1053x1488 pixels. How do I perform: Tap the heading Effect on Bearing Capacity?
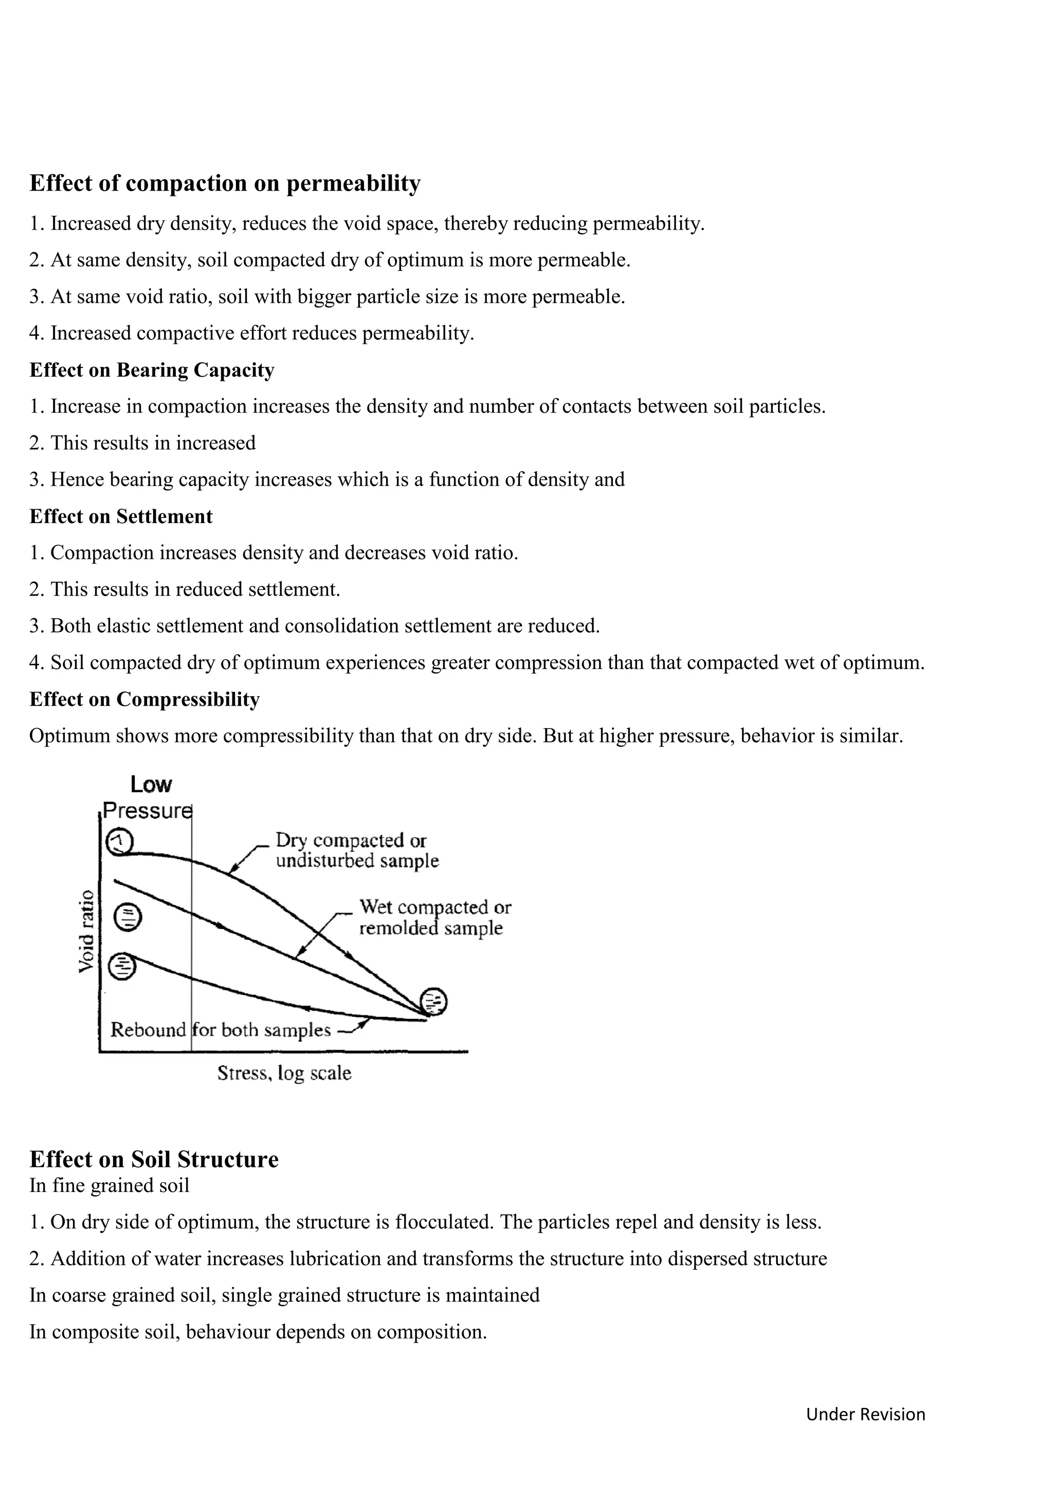152,370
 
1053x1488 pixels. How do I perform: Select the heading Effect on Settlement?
121,516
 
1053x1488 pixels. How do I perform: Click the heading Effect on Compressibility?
144,699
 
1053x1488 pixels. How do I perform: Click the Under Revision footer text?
865,1414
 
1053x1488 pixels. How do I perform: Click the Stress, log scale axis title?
284,1072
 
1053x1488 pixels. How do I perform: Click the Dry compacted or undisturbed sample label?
357,850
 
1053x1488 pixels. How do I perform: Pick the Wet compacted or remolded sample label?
434,917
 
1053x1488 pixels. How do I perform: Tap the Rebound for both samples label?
221,1030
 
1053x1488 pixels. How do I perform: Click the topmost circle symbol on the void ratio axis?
119,841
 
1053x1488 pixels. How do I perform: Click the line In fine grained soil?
109,1185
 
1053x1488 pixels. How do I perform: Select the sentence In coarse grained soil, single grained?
284,1295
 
